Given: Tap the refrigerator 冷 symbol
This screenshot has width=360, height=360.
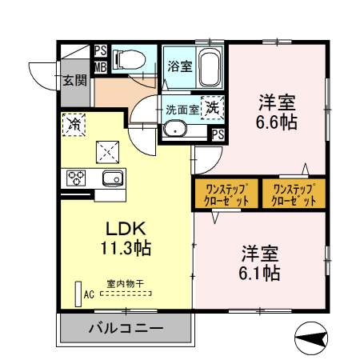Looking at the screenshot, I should click(74, 124).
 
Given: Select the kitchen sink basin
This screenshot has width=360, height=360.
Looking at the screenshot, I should click(111, 178).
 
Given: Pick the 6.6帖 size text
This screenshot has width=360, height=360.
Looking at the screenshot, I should click(278, 122).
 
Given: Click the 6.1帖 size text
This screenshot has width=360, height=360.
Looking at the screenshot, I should click(261, 273).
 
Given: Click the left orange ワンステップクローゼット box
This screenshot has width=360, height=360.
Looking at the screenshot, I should click(226, 194).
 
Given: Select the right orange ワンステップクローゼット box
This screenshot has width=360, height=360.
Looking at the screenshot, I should click(294, 194).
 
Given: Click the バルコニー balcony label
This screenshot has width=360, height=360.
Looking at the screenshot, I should click(126, 329).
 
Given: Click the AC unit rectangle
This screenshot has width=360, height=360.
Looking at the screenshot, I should click(78, 294).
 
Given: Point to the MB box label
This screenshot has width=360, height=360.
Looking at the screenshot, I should click(100, 66).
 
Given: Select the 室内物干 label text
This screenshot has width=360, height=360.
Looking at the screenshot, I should click(125, 283).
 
